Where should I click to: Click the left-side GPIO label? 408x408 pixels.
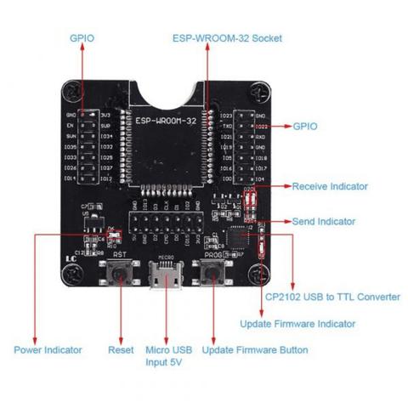pos(82,38)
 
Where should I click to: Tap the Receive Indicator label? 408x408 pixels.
pos(329,186)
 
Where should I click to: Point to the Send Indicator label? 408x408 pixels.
pos(324,221)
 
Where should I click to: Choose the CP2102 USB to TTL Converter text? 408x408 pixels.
pos(332,297)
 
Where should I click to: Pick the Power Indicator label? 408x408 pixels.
pos(48,349)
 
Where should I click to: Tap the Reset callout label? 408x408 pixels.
pos(121,349)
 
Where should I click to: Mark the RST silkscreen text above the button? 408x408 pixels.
pos(120,253)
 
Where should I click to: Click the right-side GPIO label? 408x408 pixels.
pos(304,126)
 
